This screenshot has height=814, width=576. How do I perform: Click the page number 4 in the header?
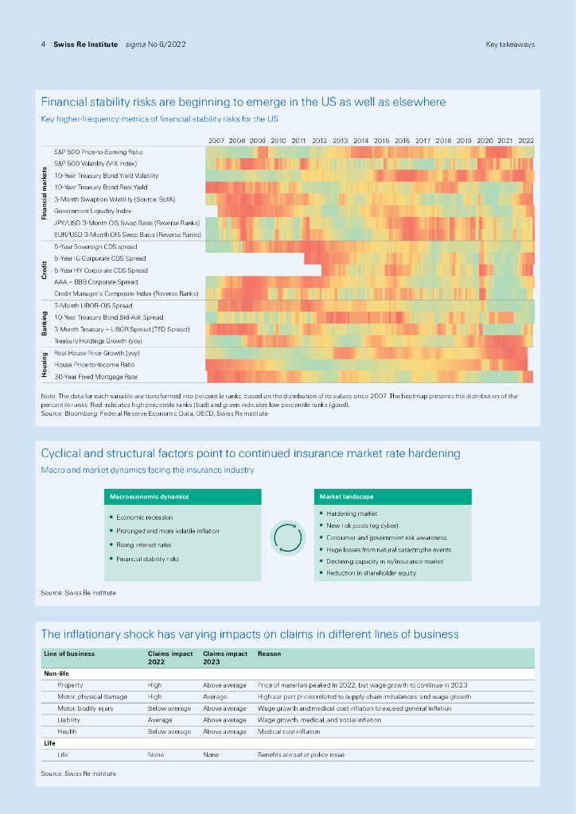click(43, 45)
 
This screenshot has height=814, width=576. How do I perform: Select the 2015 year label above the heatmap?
click(382, 140)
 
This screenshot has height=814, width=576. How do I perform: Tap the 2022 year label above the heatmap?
click(526, 140)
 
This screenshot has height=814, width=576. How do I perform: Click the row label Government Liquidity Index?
click(92, 211)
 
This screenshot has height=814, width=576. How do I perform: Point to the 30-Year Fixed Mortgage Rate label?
click(95, 376)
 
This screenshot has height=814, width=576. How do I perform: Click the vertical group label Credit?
click(45, 270)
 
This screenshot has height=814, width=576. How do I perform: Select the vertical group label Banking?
click(45, 323)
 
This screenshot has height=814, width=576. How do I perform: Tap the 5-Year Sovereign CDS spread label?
click(95, 246)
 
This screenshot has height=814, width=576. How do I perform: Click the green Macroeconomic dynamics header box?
click(183, 497)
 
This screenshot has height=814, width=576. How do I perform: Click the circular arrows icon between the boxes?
click(288, 538)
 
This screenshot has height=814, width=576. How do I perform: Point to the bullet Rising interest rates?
click(144, 545)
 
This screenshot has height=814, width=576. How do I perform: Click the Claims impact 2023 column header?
click(225, 657)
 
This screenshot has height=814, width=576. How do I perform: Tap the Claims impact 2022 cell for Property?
click(155, 684)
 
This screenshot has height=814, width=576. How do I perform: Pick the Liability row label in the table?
click(70, 719)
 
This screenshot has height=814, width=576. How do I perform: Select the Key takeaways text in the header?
click(510, 45)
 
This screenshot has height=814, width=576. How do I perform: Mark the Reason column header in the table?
click(269, 653)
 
